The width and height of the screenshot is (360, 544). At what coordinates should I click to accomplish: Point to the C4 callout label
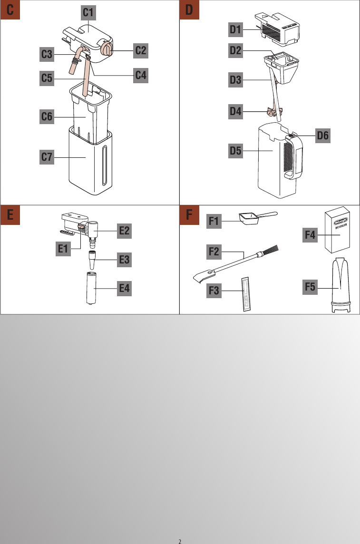[x=140, y=75]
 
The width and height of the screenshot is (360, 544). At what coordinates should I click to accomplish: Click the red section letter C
[x=10, y=10]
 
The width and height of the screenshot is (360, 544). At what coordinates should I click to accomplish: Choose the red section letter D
[x=189, y=10]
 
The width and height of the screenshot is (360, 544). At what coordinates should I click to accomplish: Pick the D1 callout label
[x=235, y=30]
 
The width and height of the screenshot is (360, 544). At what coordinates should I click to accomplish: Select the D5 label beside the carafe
[x=235, y=151]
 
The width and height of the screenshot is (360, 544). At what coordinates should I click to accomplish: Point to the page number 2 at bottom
[x=180, y=541]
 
